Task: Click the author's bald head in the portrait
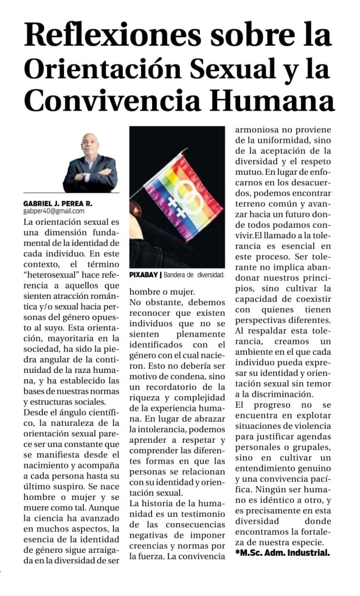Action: click(x=90, y=143)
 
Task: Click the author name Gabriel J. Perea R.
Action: click(x=58, y=203)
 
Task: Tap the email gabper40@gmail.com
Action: click(x=50, y=212)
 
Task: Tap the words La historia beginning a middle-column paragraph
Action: click(x=153, y=503)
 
